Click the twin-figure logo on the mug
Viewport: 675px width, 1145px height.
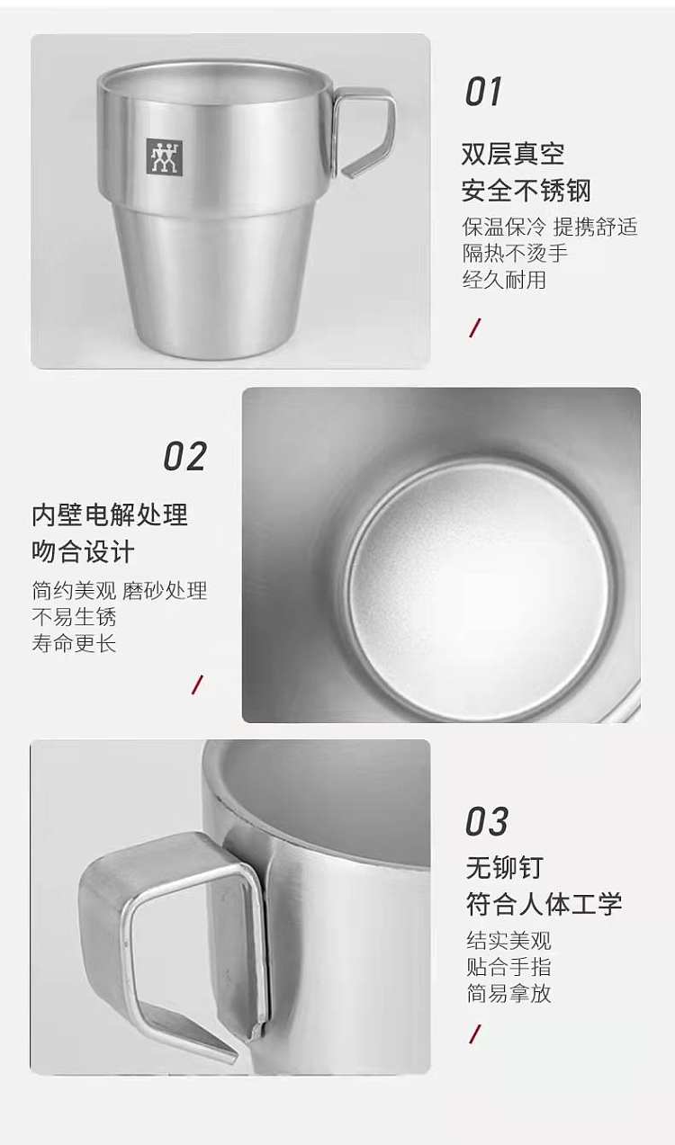(164, 157)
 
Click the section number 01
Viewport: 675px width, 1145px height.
(483, 92)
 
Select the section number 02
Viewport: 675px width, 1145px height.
(185, 456)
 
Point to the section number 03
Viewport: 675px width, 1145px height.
(487, 821)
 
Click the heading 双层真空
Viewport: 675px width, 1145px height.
(513, 154)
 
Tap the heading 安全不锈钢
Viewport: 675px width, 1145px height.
(526, 191)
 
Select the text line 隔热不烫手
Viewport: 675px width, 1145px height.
(515, 253)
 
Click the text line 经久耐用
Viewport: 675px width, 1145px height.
(504, 280)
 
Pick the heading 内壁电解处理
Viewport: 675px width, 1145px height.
(110, 514)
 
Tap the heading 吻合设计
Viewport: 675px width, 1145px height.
(84, 551)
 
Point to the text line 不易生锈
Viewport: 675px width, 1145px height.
(74, 617)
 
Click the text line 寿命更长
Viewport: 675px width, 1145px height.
(74, 643)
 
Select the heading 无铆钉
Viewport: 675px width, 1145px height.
(505, 867)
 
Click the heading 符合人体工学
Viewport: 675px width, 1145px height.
(544, 904)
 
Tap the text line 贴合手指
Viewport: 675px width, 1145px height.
(508, 967)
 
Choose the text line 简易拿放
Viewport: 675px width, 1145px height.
(508, 993)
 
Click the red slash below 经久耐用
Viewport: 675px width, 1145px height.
(475, 327)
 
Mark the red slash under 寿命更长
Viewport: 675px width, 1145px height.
(197, 684)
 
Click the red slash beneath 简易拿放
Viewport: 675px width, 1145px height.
(475, 1034)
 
